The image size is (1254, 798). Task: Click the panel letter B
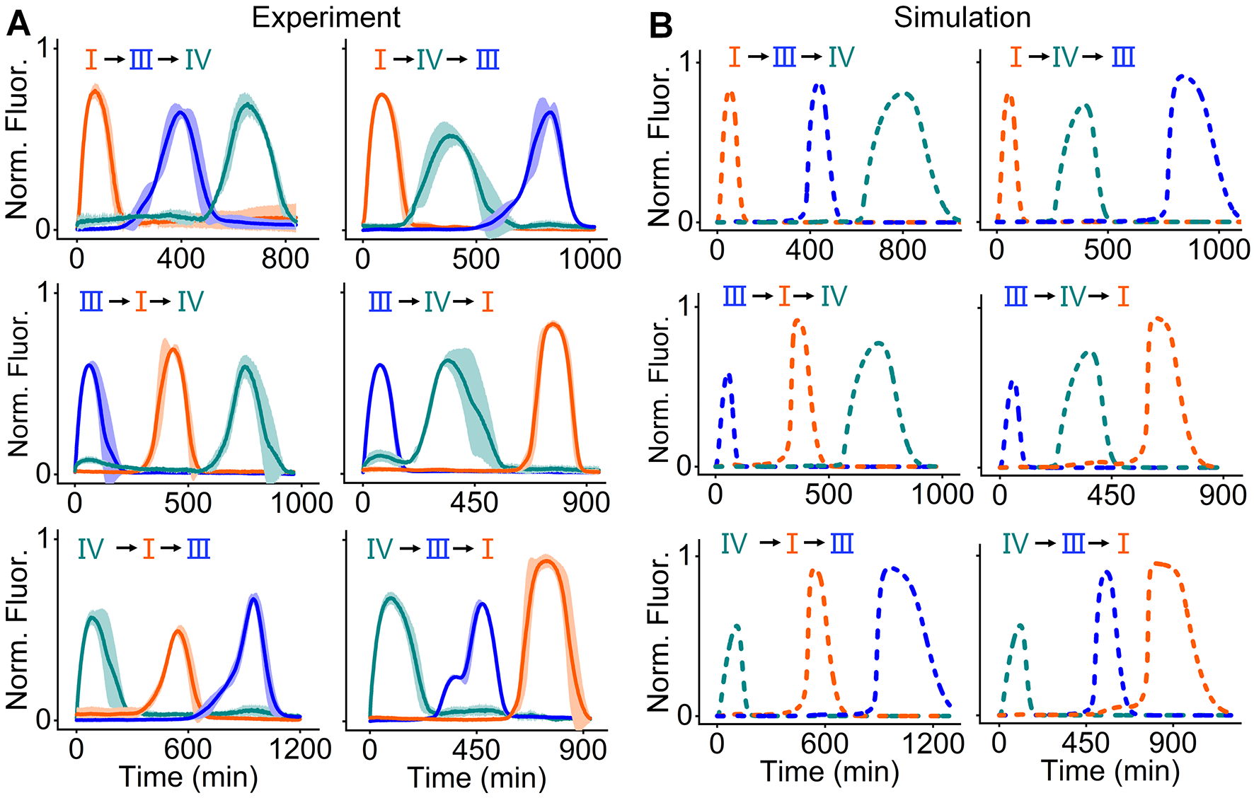tap(660, 27)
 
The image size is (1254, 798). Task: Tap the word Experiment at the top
tap(326, 18)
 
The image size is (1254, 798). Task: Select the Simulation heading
tap(962, 18)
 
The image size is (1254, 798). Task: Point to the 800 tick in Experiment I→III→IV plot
tap(285, 258)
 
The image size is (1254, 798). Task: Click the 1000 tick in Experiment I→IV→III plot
tap(590, 258)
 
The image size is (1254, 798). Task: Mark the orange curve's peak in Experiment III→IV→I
tap(553, 325)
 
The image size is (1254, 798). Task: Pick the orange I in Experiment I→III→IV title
tap(91, 59)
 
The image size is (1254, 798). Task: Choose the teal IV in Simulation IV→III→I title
tap(1016, 543)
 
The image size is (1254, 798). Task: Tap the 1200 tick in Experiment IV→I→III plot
tap(300, 748)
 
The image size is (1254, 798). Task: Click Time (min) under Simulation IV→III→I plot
tap(1110, 771)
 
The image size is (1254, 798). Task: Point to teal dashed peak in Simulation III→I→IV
tap(878, 343)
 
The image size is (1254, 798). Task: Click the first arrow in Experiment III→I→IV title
tap(118, 302)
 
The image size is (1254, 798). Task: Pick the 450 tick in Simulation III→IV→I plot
tap(1111, 495)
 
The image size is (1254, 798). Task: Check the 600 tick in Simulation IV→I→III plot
tap(825, 743)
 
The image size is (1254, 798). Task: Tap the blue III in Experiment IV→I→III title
tap(198, 549)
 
